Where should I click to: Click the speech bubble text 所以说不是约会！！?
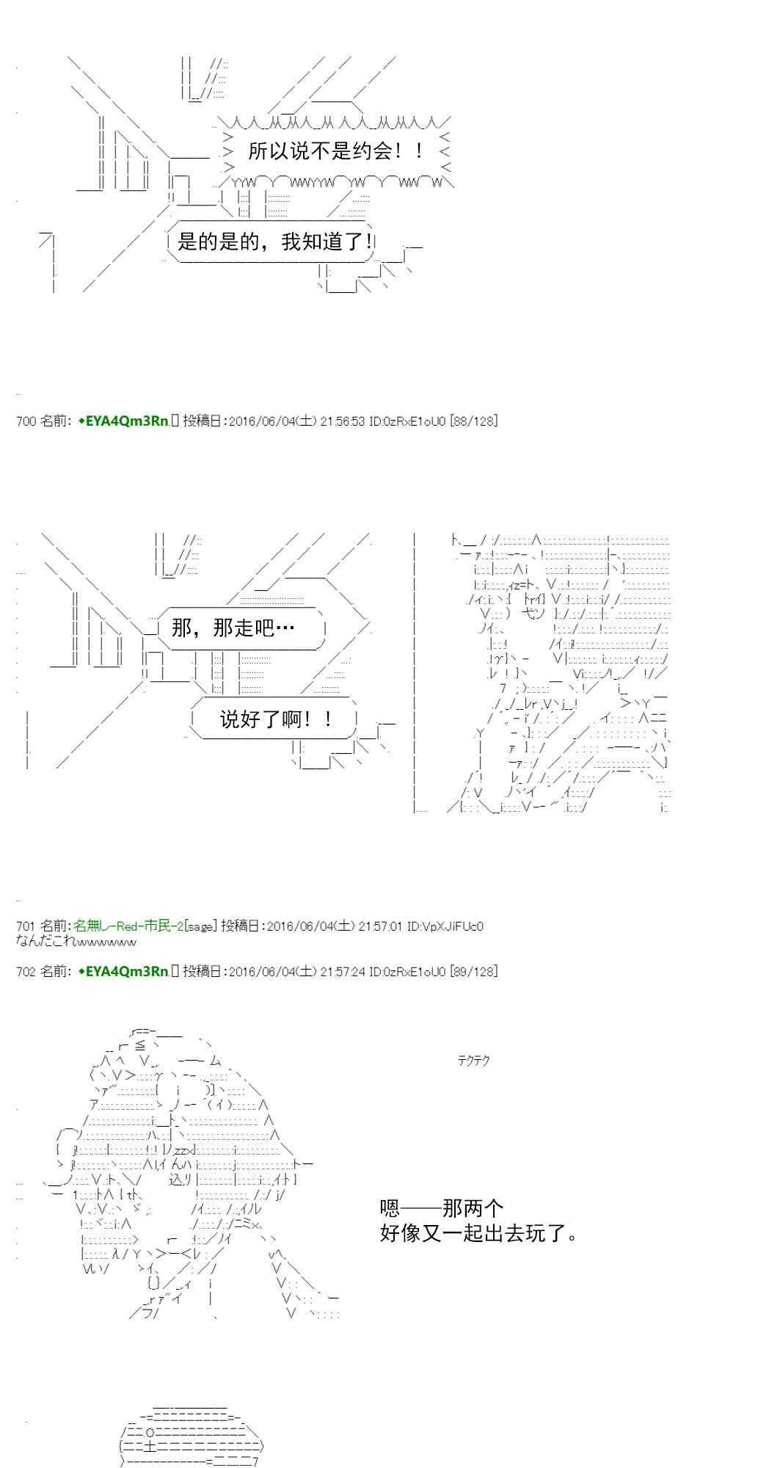click(335, 151)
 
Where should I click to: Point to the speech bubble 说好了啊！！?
click(274, 719)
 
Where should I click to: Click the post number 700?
click(26, 421)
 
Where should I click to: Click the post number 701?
click(26, 926)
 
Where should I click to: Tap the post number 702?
click(26, 971)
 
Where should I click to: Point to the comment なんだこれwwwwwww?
click(76, 941)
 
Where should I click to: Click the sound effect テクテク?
click(473, 1060)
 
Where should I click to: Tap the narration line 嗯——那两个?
click(442, 1207)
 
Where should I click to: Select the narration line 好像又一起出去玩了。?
click(479, 1232)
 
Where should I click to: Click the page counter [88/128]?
click(473, 421)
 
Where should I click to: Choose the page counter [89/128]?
click(473, 971)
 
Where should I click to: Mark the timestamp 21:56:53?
click(343, 421)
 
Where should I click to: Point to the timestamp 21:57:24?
click(343, 971)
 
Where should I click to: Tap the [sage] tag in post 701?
click(200, 926)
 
